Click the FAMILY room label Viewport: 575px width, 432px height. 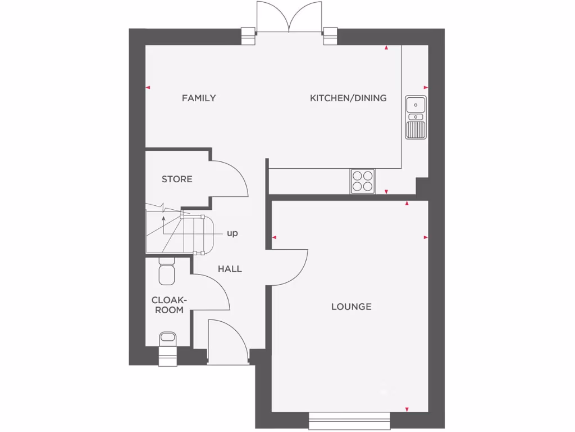199,98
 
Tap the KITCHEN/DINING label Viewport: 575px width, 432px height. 348,98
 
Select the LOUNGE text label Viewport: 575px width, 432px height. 351,307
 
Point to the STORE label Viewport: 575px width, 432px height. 177,179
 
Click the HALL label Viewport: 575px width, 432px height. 230,269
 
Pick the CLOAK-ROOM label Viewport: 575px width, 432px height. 168,305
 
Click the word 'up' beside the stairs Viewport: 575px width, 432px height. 232,233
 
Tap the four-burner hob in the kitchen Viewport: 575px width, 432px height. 362,181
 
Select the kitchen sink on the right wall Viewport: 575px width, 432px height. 416,117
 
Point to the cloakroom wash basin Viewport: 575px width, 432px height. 167,339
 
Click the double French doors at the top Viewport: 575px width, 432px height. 289,17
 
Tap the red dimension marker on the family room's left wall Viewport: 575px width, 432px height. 148,87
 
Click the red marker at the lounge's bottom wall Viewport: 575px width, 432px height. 407,409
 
